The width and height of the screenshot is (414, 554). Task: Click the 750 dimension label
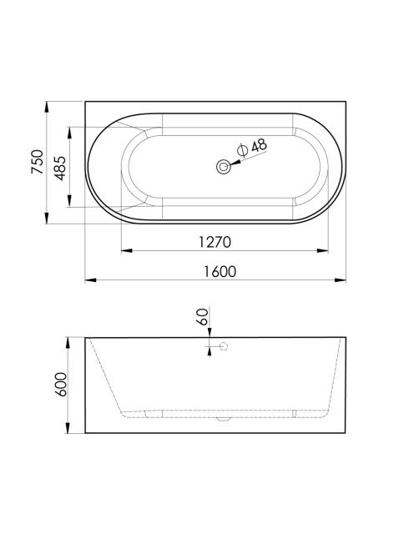click(38, 162)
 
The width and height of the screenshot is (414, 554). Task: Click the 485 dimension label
click(60, 168)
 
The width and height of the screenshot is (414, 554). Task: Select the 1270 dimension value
click(215, 242)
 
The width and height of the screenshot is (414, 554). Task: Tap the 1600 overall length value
click(220, 272)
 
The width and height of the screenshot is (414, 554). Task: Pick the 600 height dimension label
click(60, 385)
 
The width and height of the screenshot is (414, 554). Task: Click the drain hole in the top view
click(224, 166)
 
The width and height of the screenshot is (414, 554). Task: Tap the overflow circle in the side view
click(224, 346)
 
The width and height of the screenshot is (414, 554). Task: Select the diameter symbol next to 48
click(243, 150)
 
